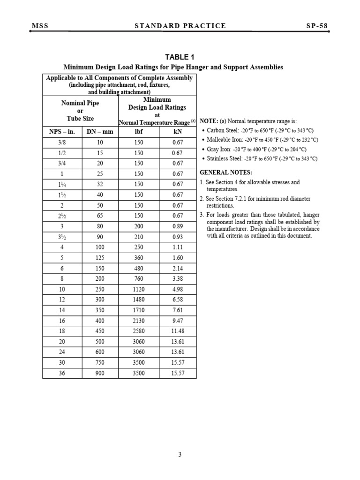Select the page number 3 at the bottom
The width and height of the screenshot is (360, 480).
click(180, 454)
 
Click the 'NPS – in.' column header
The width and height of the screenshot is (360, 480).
click(62, 132)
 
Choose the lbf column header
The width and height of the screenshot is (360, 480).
click(138, 132)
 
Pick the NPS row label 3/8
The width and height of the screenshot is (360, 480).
click(62, 142)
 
